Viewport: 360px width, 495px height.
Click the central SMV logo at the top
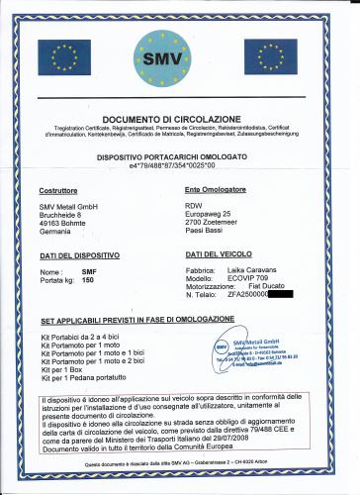[180, 60]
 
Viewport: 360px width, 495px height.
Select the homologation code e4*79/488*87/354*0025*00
[179, 166]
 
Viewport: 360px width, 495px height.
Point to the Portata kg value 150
[88, 280]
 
